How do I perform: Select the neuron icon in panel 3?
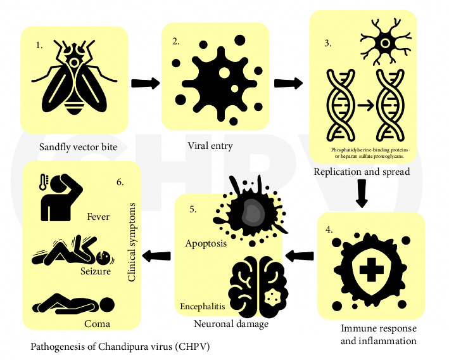click(384, 44)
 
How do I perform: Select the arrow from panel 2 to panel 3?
click(288, 83)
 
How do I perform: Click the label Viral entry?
click(210, 146)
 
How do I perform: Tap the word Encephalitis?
click(201, 305)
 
